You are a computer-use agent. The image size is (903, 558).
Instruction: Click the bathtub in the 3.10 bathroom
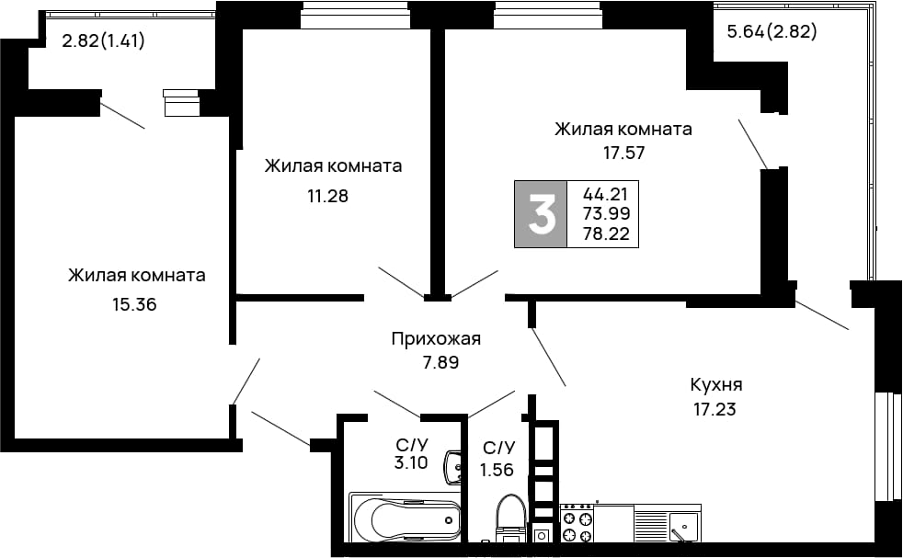click(406, 518)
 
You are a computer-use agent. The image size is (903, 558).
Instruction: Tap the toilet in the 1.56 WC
click(511, 518)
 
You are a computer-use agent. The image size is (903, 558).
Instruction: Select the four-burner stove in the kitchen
click(577, 523)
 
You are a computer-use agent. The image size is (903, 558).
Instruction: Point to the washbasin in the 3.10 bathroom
click(454, 467)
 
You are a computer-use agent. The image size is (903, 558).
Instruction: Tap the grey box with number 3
click(541, 214)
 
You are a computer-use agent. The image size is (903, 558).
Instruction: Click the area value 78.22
click(606, 233)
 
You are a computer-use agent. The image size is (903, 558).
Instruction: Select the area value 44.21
click(605, 193)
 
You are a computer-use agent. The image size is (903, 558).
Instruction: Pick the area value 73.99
click(606, 213)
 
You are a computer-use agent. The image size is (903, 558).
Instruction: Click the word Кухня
click(715, 384)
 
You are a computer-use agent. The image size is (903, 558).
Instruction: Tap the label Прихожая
click(436, 338)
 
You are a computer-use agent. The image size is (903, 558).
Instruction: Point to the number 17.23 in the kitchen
click(714, 409)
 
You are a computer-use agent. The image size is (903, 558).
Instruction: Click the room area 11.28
click(327, 197)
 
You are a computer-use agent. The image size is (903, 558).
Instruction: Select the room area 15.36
click(134, 304)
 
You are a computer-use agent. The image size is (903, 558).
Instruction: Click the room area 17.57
click(623, 154)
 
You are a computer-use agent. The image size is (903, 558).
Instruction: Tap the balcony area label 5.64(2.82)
click(772, 31)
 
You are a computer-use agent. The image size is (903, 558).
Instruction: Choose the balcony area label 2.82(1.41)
click(103, 40)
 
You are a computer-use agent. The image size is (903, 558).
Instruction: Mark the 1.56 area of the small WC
click(497, 470)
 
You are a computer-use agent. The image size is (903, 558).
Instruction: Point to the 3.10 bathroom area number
click(411, 461)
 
